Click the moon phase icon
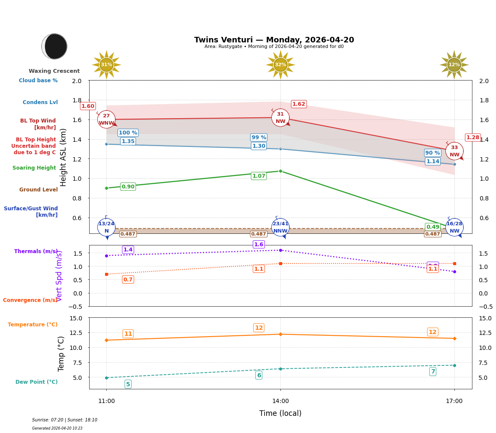(54, 46)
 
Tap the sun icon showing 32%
(280, 65)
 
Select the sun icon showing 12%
(454, 65)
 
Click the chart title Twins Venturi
(274, 40)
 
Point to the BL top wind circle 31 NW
(280, 118)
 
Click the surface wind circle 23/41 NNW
(280, 227)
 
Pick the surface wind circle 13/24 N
(106, 227)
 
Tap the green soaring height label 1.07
(259, 176)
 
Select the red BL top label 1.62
(298, 104)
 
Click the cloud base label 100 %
(128, 133)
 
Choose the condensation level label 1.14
(433, 161)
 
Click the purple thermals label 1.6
(259, 245)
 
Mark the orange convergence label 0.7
(128, 280)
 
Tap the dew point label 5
(128, 384)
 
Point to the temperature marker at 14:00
(280, 334)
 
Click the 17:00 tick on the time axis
(454, 401)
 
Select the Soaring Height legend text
(34, 168)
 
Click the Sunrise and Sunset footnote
(65, 420)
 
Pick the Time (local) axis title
(280, 413)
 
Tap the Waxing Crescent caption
(54, 71)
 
